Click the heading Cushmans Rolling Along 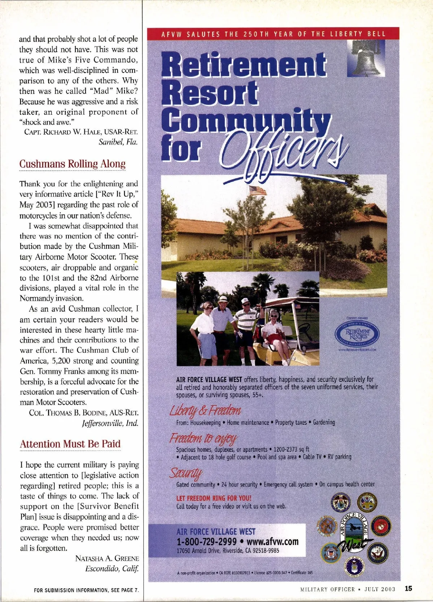[72, 164]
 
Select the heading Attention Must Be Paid [70, 444]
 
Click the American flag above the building [257, 191]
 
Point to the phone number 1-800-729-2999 [206, 542]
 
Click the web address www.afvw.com [272, 542]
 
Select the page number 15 [408, 589]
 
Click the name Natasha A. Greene [107, 558]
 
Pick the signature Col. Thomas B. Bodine [84, 413]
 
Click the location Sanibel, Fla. [118, 142]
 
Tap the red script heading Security [186, 473]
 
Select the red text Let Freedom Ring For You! [214, 498]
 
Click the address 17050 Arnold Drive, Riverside [227, 551]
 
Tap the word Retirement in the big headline [244, 65]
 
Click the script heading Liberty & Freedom [205, 411]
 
